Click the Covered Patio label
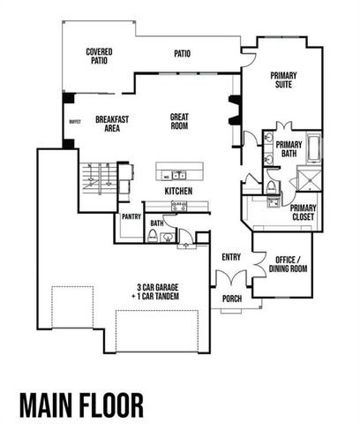pos(98,57)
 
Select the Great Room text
pos(180,121)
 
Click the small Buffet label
pos(74,123)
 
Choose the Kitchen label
pos(178,191)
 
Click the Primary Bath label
pos(290,149)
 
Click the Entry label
pos(231,257)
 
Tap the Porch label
pos(233,298)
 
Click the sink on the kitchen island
pos(178,174)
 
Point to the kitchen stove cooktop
pos(178,204)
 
